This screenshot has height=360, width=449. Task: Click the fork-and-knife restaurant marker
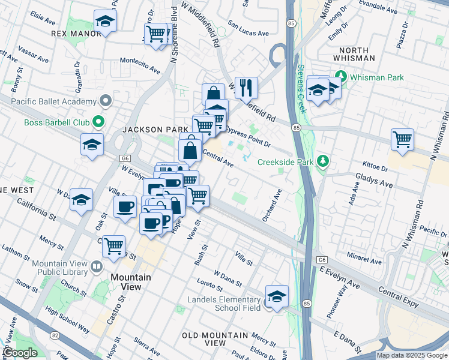[246, 88]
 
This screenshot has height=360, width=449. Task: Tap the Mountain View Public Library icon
[97, 265]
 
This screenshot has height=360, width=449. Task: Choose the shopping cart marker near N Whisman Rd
[402, 140]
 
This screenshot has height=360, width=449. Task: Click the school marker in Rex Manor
[106, 22]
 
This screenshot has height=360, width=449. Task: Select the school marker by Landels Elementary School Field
[277, 297]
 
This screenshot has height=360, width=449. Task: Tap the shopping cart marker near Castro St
[114, 245]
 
